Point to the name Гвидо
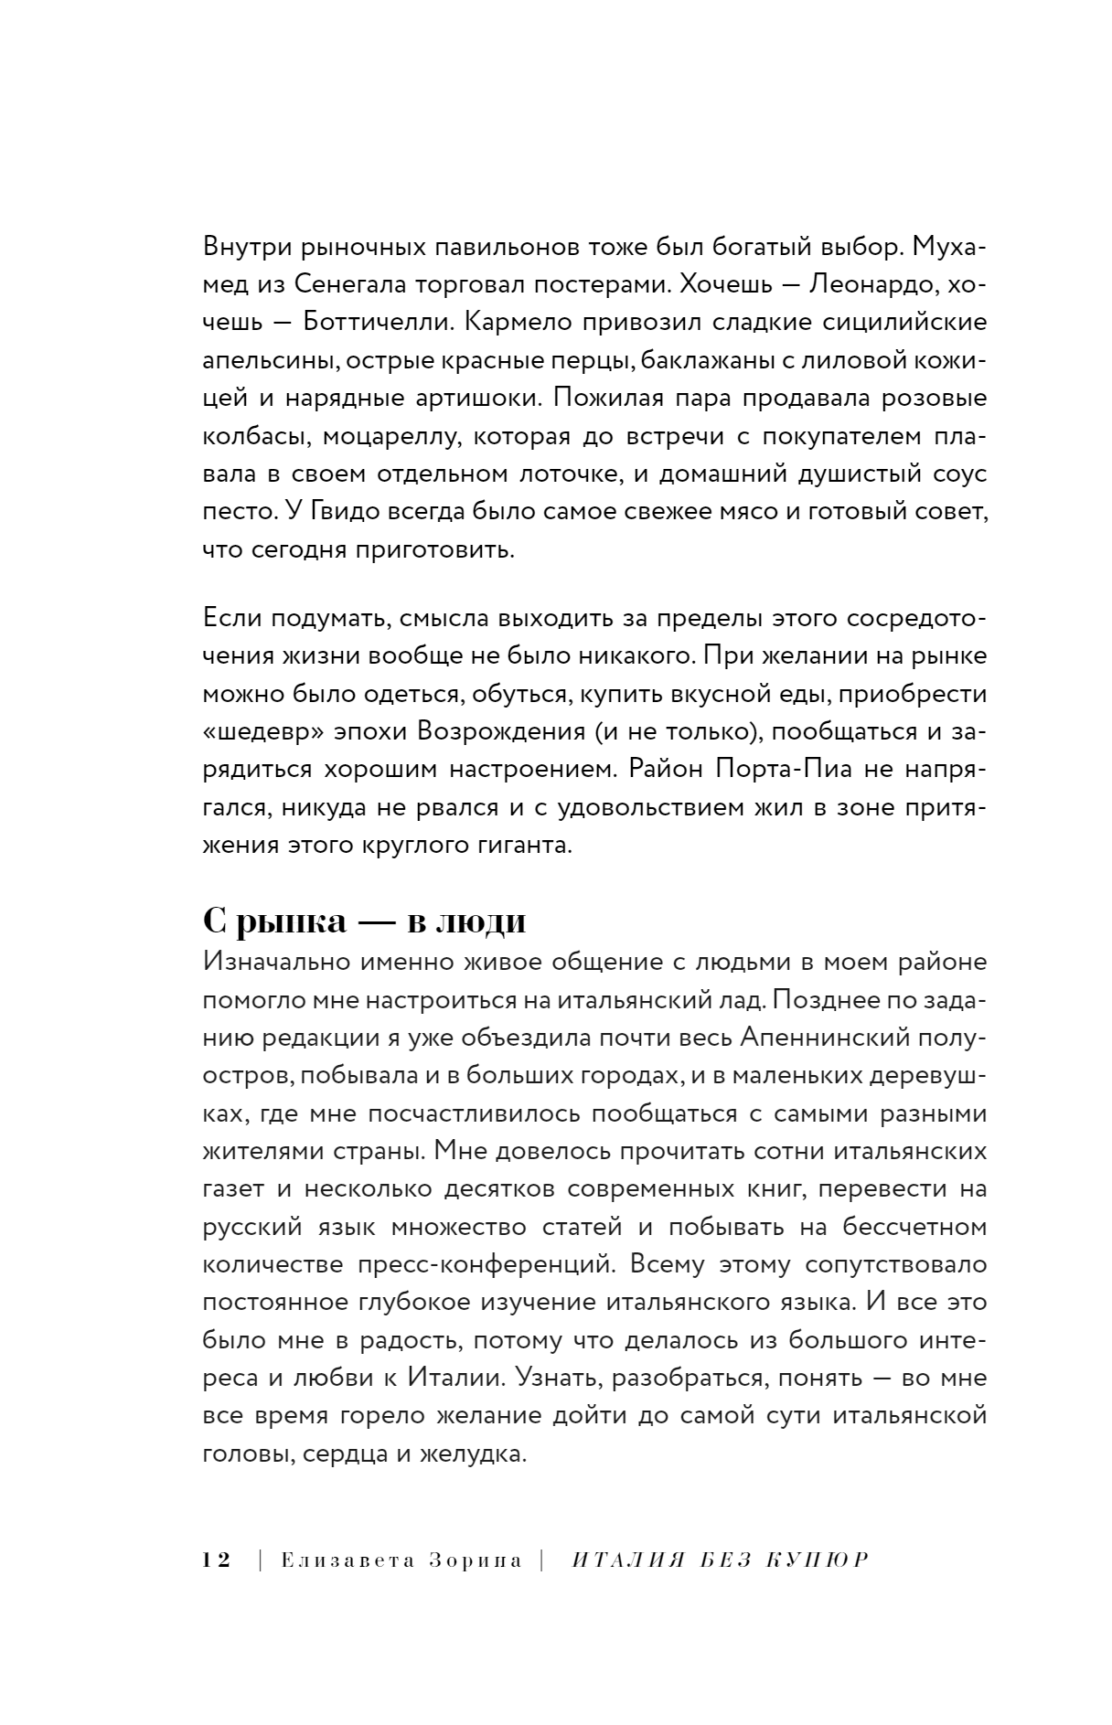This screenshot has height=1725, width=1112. coord(346,513)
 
